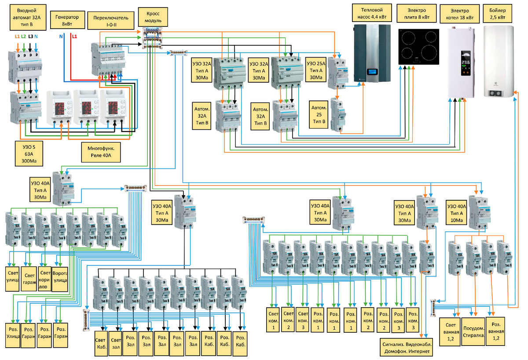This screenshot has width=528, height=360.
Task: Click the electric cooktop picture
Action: pyautogui.click(x=418, y=47)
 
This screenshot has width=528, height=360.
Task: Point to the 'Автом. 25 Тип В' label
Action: pyautogui.click(x=319, y=114)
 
